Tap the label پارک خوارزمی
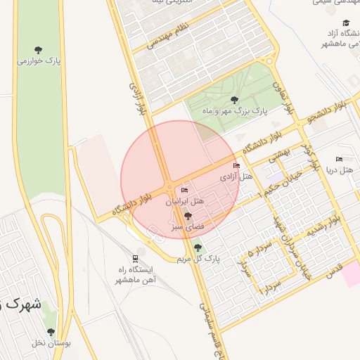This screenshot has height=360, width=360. click(39, 61)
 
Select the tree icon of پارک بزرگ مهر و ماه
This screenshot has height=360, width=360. click(234, 101)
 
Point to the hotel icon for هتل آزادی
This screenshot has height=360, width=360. click(236, 167)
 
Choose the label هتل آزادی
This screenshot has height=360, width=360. click(236, 177)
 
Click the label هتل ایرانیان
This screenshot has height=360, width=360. click(184, 201)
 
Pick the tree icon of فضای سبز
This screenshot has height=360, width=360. click(188, 217)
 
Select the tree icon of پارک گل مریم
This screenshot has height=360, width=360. click(198, 247)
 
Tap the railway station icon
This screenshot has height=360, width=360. click(135, 258)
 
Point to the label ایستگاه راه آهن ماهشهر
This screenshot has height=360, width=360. click(134, 274)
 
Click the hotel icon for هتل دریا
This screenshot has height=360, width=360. click(340, 159)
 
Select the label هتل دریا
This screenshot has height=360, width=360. click(340, 169)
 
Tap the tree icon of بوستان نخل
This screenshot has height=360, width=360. click(51, 332)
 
